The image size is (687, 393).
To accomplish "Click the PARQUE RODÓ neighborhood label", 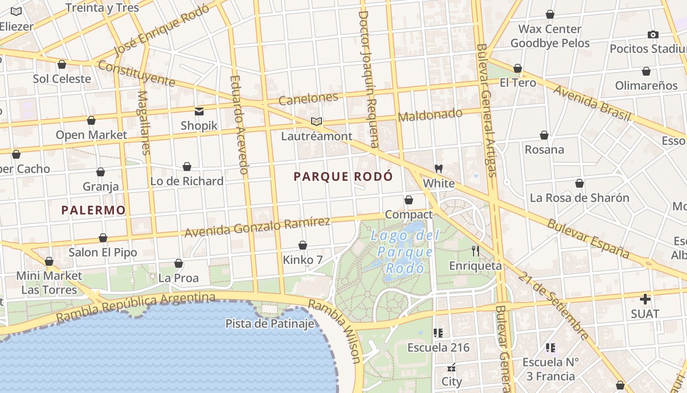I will pyautogui.click(x=343, y=176).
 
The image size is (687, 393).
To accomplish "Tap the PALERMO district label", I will pyautogui.click(x=93, y=210).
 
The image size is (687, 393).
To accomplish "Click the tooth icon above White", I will pyautogui.click(x=439, y=168).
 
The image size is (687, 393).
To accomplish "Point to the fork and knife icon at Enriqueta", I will pyautogui.click(x=475, y=251).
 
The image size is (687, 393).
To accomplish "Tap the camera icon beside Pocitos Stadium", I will pyautogui.click(x=653, y=34).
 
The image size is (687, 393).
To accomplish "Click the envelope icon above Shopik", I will pyautogui.click(x=199, y=111).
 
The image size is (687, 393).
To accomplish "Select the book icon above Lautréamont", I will pyautogui.click(x=317, y=121).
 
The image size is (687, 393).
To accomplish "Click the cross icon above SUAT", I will pyautogui.click(x=645, y=299).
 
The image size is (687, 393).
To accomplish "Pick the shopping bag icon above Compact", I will pyautogui.click(x=408, y=200).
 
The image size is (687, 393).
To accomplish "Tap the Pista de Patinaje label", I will pyautogui.click(x=269, y=324).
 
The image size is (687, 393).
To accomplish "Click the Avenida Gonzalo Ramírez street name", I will pyautogui.click(x=257, y=227).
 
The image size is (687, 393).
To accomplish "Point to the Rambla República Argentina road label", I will pyautogui.click(x=136, y=308).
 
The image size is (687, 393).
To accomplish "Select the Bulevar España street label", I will pyautogui.click(x=588, y=238).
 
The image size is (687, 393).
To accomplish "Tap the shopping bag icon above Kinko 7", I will pyautogui.click(x=303, y=245).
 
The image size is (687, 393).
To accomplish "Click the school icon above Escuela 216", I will pyautogui.click(x=438, y=333).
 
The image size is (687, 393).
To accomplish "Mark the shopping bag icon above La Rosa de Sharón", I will pyautogui.click(x=579, y=184).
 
